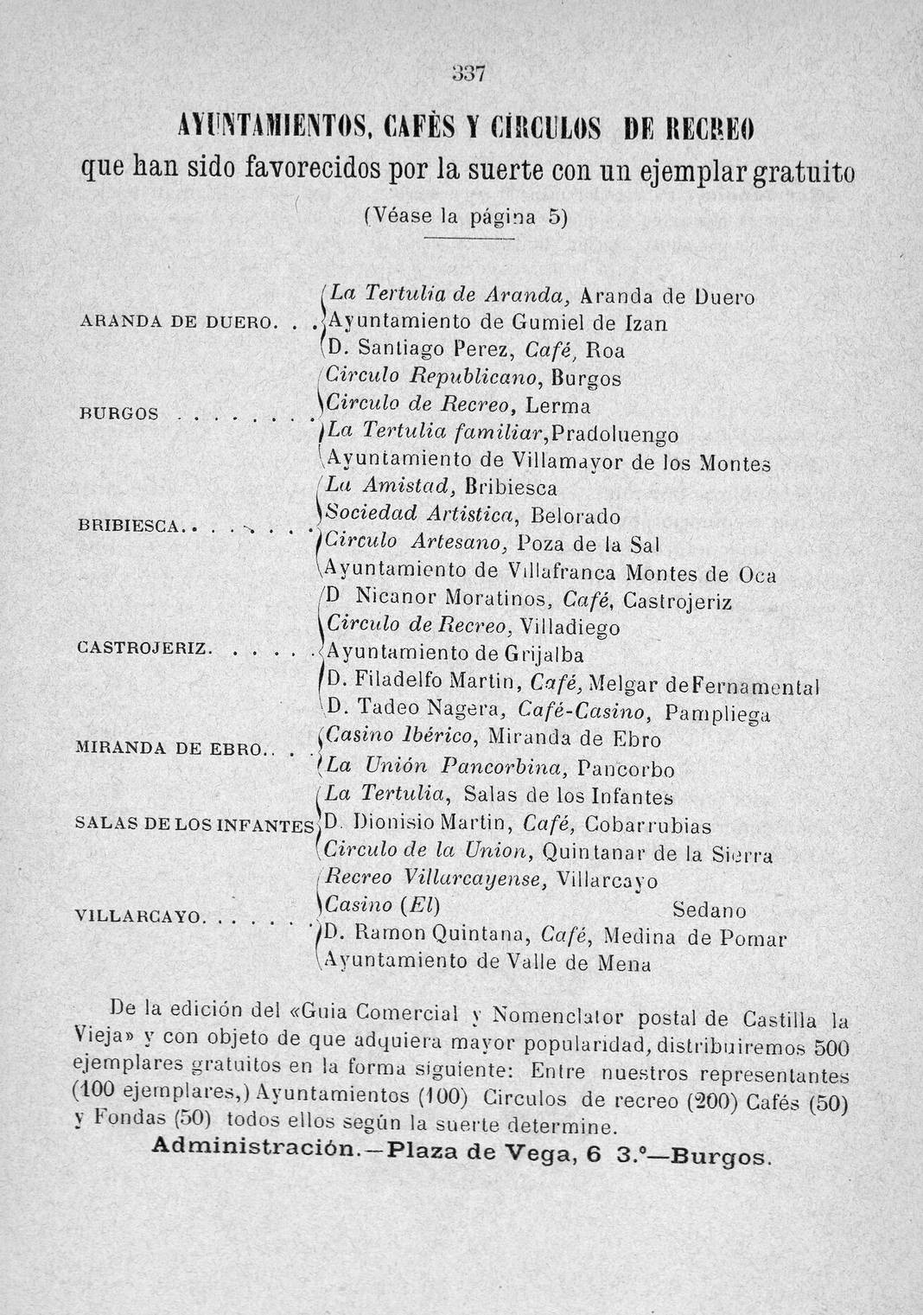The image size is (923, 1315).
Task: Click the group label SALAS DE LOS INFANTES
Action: [195, 824]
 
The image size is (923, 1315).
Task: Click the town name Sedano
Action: [709, 911]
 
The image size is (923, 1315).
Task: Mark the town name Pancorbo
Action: [626, 768]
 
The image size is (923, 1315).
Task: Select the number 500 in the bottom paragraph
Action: [833, 1049]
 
